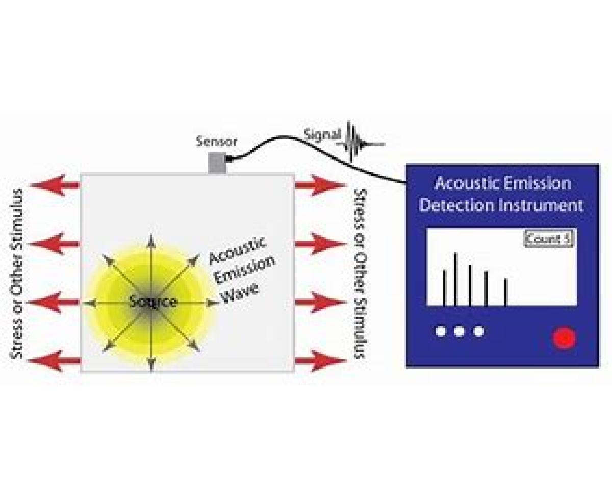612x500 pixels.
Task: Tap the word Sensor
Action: click(x=217, y=141)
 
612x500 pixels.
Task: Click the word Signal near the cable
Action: click(x=322, y=135)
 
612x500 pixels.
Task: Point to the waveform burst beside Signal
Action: click(x=357, y=141)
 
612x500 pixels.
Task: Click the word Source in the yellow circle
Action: click(x=152, y=302)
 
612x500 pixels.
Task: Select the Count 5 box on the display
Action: click(x=549, y=239)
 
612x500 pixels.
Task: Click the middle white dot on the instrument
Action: click(x=459, y=332)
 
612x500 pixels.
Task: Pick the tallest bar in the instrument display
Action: click(x=455, y=279)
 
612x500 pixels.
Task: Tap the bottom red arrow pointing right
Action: click(x=320, y=361)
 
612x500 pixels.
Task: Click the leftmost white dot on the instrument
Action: click(x=441, y=332)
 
